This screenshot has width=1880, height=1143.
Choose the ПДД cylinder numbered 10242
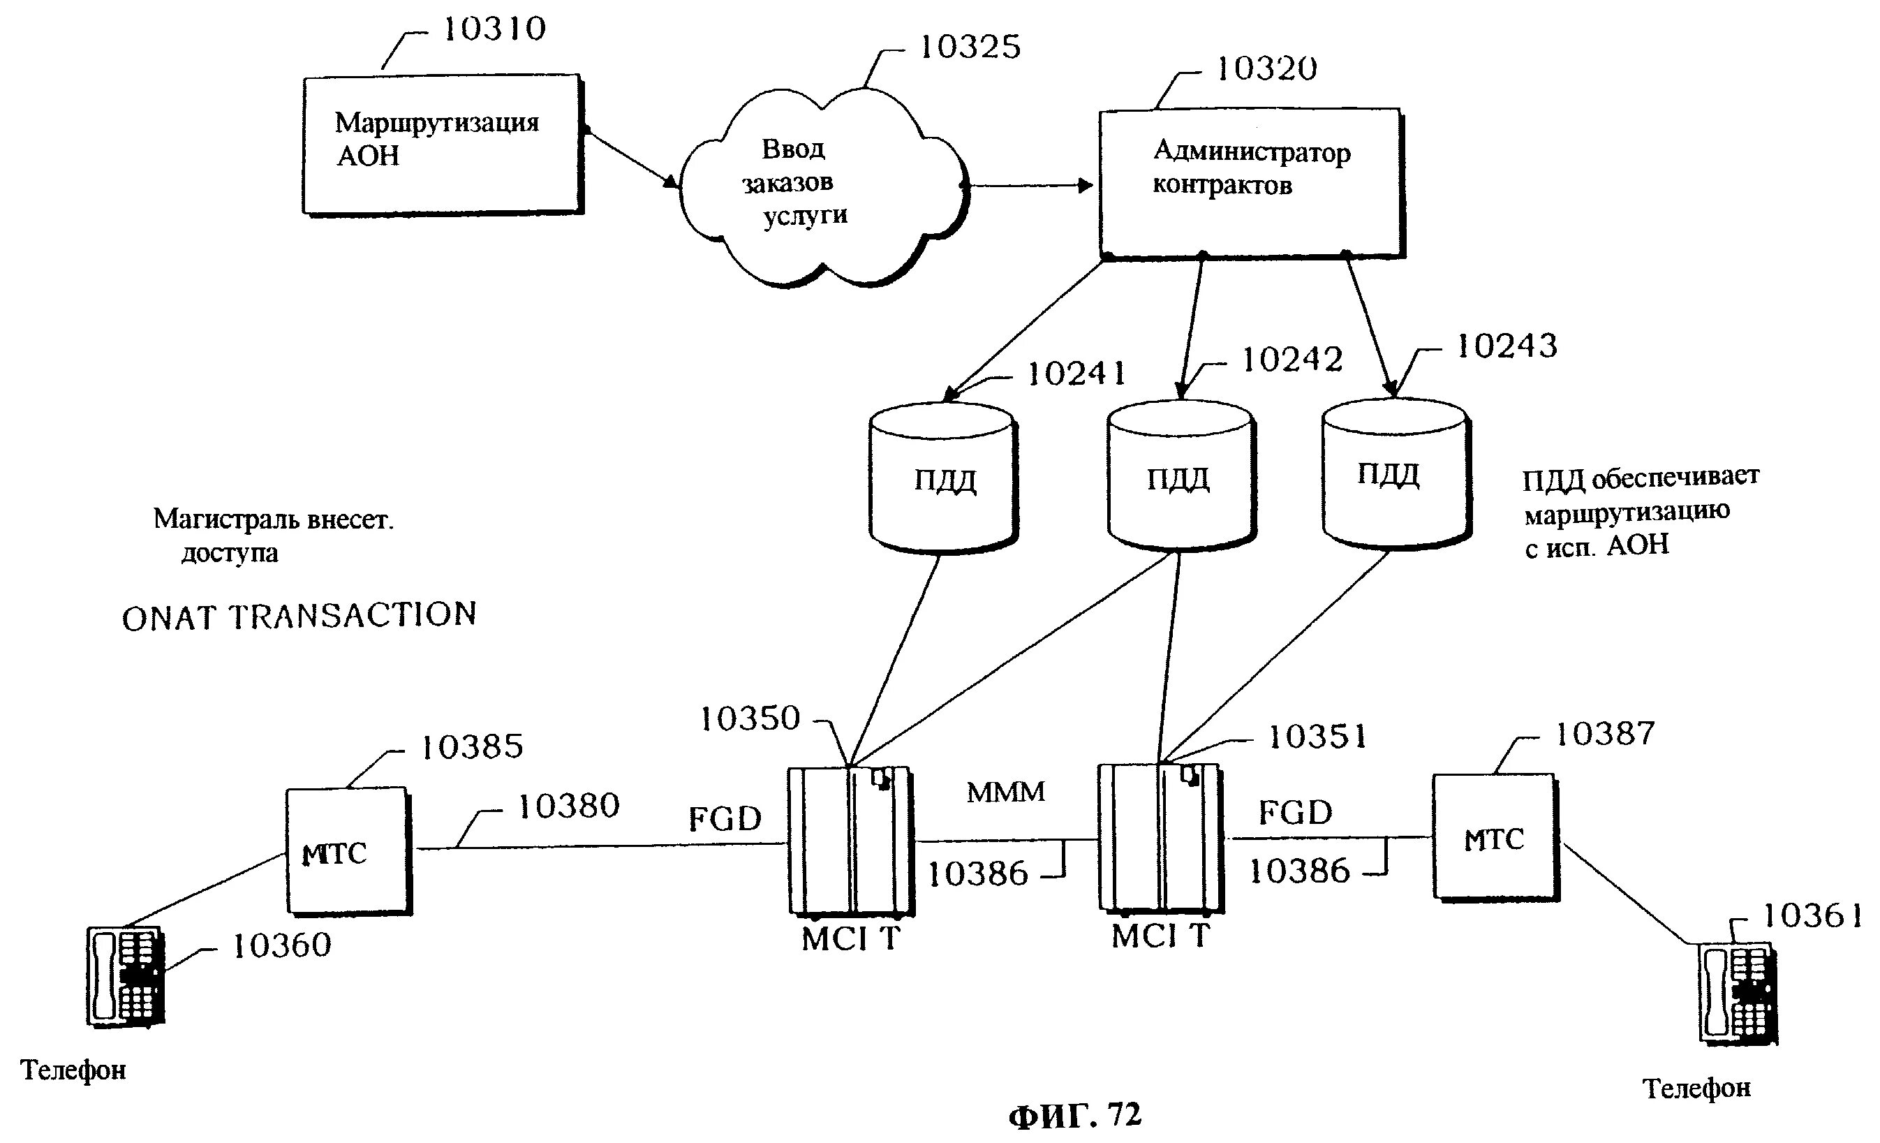[1180, 476]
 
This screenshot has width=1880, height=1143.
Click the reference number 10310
[494, 30]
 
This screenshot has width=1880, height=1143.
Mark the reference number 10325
[970, 47]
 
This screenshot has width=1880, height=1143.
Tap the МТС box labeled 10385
[348, 850]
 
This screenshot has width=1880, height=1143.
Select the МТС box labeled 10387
[1493, 838]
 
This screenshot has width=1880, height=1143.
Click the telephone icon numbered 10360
[125, 977]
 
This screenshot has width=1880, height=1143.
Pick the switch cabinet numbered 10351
[1160, 837]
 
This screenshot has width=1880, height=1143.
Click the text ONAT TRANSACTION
[299, 616]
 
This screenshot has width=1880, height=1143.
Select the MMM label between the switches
[1005, 792]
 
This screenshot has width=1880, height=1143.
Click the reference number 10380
[568, 806]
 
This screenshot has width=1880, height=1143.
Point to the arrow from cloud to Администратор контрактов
[1026, 186]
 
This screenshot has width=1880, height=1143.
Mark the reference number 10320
[1266, 69]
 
